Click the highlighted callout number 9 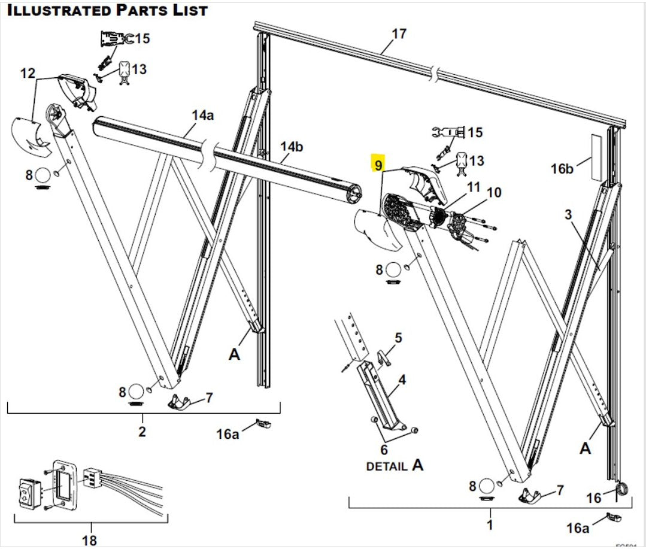[377, 164]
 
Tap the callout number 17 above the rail [399, 34]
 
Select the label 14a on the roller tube [202, 114]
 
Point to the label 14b [292, 146]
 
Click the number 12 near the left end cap [28, 73]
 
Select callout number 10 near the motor [494, 193]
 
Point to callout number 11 [474, 187]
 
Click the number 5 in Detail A [399, 338]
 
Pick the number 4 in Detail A [402, 379]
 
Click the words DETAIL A [395, 465]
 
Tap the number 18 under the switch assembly [89, 541]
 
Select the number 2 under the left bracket [142, 431]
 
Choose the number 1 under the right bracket [490, 527]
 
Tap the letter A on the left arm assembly [234, 354]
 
